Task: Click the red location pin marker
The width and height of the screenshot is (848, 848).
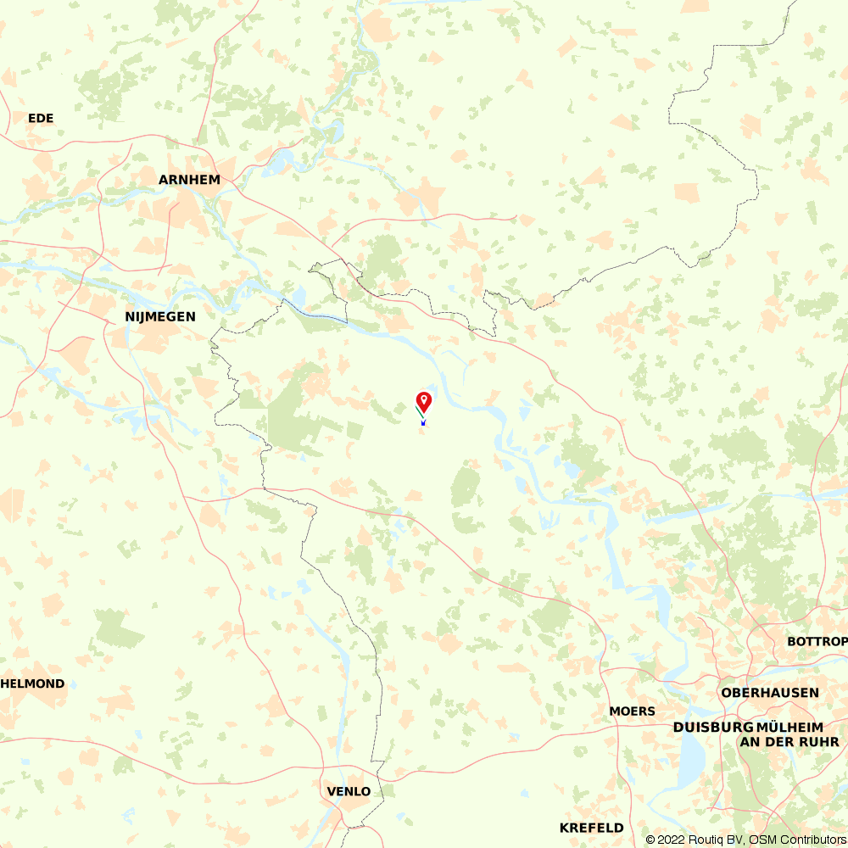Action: [x=424, y=399]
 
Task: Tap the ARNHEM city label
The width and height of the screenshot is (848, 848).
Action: [x=189, y=180]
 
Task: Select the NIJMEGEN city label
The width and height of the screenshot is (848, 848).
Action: [x=160, y=316]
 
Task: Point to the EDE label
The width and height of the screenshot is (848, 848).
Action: [x=41, y=118]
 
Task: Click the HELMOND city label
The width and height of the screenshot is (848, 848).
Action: [x=34, y=683]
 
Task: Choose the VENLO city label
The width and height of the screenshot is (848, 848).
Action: [x=349, y=791]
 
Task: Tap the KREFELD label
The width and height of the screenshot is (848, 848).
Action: [x=591, y=828]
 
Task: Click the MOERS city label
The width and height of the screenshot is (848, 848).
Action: [x=632, y=711]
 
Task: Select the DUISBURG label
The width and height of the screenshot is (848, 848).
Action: [x=713, y=728]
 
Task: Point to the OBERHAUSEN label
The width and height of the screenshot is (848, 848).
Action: [x=770, y=693]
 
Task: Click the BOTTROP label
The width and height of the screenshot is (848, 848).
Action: [x=817, y=641]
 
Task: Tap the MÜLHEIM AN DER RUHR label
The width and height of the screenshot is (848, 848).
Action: [x=789, y=734]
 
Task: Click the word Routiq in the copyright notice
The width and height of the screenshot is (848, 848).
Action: [x=706, y=840]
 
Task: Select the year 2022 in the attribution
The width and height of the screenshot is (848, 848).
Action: [x=672, y=840]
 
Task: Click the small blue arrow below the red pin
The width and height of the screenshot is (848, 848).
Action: [x=423, y=421]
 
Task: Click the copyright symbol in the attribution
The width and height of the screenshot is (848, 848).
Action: [x=650, y=840]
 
